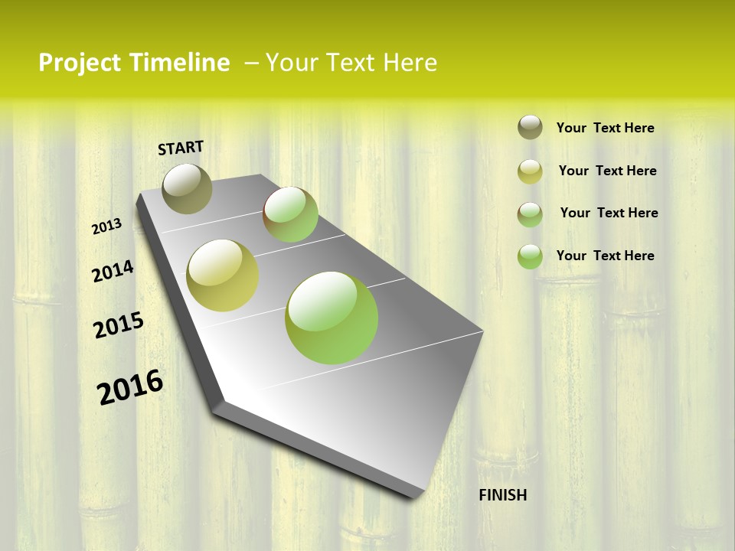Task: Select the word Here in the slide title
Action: [x=410, y=63]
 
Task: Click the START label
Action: [x=181, y=147]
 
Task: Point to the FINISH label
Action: [x=502, y=495]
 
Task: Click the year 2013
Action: [x=106, y=227]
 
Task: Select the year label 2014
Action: [x=113, y=271]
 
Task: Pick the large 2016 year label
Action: [x=130, y=386]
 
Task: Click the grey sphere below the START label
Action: [x=187, y=188]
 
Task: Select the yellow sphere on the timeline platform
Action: [x=223, y=275]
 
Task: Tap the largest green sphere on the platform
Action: [x=332, y=318]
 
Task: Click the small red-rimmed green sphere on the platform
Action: [x=290, y=214]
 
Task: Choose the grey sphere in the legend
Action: [x=530, y=127]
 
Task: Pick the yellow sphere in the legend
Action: [x=530, y=171]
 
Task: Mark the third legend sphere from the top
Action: [x=530, y=214]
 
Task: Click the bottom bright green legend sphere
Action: [x=530, y=256]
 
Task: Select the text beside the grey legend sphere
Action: [x=605, y=128]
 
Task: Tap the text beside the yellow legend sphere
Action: [x=607, y=171]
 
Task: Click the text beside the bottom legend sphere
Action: [x=605, y=256]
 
